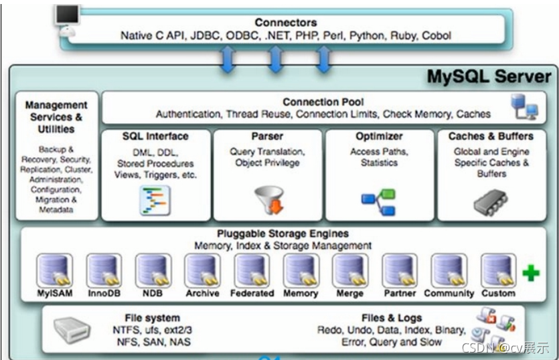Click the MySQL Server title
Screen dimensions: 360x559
489,76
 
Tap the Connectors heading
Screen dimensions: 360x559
286,23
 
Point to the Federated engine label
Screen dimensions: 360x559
252,293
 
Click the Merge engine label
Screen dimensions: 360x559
350,293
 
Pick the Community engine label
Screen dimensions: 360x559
449,293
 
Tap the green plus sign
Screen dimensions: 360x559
531,273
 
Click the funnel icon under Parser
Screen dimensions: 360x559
268,199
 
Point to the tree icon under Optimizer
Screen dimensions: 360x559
379,199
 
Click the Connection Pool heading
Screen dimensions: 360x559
323,102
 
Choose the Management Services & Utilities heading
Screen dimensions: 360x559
56,116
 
